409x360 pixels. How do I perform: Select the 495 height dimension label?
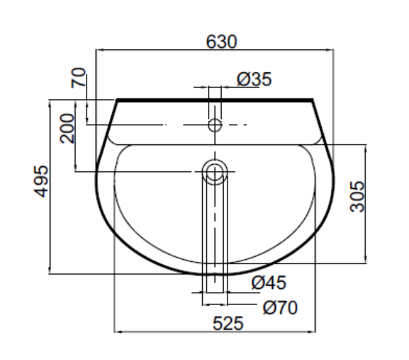(x=41, y=183)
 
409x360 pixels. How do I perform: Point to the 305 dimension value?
(x=357, y=196)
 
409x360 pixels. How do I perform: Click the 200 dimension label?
(x=68, y=129)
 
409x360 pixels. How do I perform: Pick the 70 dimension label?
(x=78, y=80)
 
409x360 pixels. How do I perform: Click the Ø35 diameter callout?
(x=254, y=79)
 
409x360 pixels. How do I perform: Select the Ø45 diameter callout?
(x=268, y=283)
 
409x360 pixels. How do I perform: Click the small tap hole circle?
(x=215, y=124)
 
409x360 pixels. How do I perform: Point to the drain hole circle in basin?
(x=215, y=171)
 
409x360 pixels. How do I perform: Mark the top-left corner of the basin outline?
(x=117, y=100)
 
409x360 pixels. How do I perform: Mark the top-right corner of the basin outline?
(x=313, y=100)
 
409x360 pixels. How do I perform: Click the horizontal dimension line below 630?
(x=162, y=49)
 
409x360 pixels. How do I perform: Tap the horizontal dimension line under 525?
(x=168, y=332)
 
